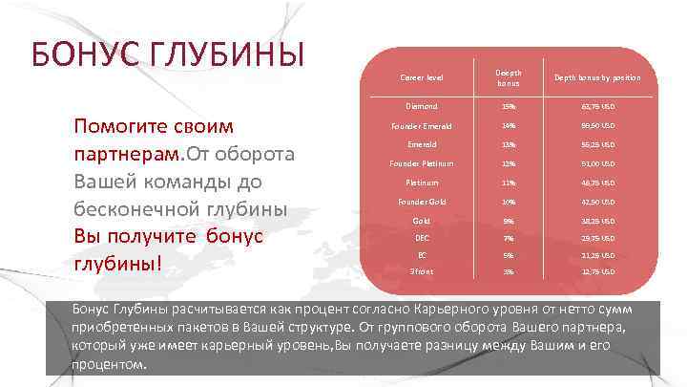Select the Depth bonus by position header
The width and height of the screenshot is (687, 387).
[598, 77]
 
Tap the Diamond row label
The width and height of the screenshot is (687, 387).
[421, 106]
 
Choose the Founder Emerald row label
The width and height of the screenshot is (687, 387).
[421, 125]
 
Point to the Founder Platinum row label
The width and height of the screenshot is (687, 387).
[421, 163]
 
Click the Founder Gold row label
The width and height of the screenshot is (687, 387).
[421, 202]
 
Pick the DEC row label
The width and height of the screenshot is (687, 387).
[421, 238]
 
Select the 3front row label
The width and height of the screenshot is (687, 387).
[421, 272]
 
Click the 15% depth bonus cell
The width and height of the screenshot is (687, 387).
[509, 106]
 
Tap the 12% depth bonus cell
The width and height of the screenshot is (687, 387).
[509, 163]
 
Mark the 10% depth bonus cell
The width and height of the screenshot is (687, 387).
[509, 202]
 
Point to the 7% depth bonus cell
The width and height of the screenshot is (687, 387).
[509, 238]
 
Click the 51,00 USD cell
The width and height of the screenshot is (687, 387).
[598, 163]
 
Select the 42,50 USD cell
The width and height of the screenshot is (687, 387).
[598, 202]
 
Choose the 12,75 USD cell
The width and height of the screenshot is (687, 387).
[598, 272]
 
